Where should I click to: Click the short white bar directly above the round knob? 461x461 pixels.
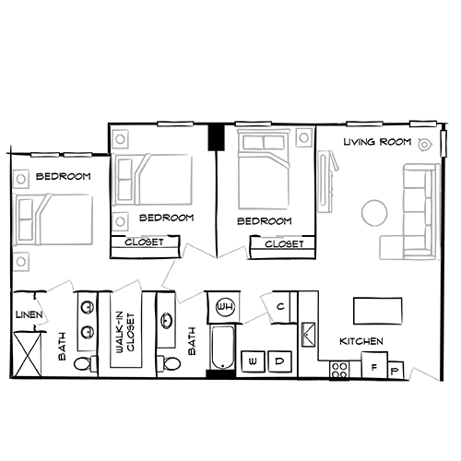click(423, 122)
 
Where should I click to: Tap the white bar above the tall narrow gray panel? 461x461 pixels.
click(254, 122)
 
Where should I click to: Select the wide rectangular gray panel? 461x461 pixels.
click(157, 175)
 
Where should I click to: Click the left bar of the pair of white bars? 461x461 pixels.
click(45, 155)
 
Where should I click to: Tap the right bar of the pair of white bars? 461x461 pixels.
click(79, 155)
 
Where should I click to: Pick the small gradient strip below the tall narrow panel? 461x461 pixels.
click(274, 237)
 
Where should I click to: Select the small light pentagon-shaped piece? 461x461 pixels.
click(127, 284)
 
